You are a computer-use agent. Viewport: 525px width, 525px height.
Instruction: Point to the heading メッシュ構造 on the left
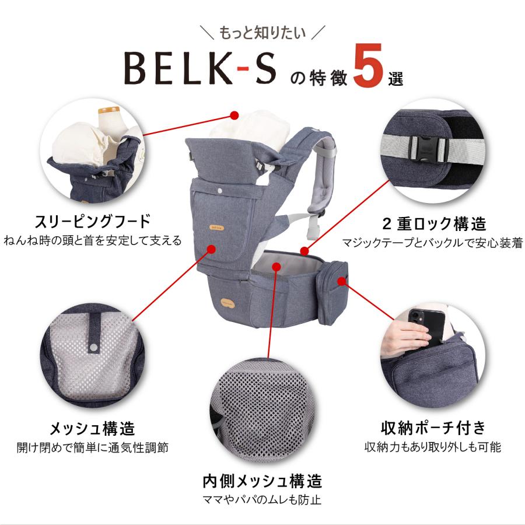point(92,429)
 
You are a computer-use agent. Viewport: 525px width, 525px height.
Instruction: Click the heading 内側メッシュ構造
point(262,481)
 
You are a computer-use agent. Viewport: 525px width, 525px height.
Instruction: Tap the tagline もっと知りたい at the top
point(262,33)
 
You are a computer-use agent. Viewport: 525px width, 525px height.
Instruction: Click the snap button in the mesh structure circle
point(93,348)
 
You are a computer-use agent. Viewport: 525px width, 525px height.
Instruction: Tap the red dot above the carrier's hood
point(235,114)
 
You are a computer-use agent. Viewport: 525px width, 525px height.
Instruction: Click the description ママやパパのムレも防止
point(262,501)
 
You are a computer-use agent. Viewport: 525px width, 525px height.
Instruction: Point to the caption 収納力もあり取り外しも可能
point(433,447)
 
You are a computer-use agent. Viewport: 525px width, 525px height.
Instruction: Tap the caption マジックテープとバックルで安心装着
point(433,242)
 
